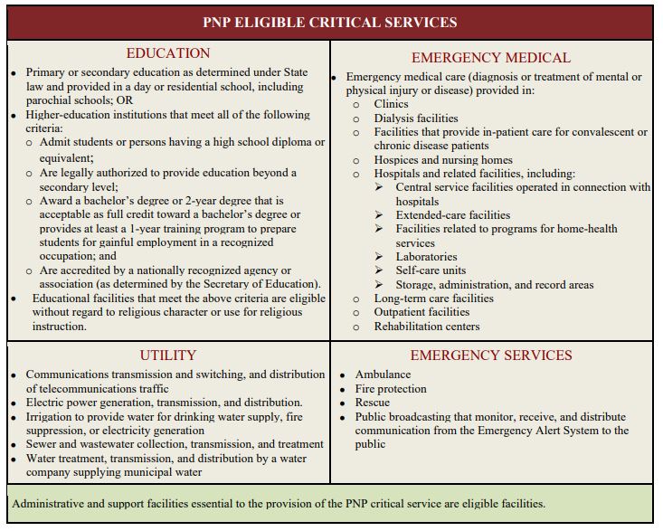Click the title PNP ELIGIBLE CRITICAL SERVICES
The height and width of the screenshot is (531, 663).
pos(330,23)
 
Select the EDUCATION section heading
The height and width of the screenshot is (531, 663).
pos(168,54)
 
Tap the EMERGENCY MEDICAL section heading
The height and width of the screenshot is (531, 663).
pos(491,58)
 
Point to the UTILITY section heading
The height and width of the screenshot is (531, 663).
pos(168,356)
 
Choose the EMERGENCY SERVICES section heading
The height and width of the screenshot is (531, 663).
pos(491,356)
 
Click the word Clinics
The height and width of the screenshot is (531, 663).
pos(392,105)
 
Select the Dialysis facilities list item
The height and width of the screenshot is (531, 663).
pos(416,119)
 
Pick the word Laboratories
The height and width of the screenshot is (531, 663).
pos(426,257)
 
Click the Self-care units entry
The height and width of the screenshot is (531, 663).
pos(431,270)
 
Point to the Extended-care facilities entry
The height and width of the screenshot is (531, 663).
pos(453,215)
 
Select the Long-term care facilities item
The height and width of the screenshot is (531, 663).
pos(434,299)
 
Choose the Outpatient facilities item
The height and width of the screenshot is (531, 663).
pos(422,312)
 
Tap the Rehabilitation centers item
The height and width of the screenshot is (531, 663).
pos(427,327)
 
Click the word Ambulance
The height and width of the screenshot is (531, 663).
pos(383,375)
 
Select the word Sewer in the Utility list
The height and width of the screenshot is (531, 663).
pos(41,444)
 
